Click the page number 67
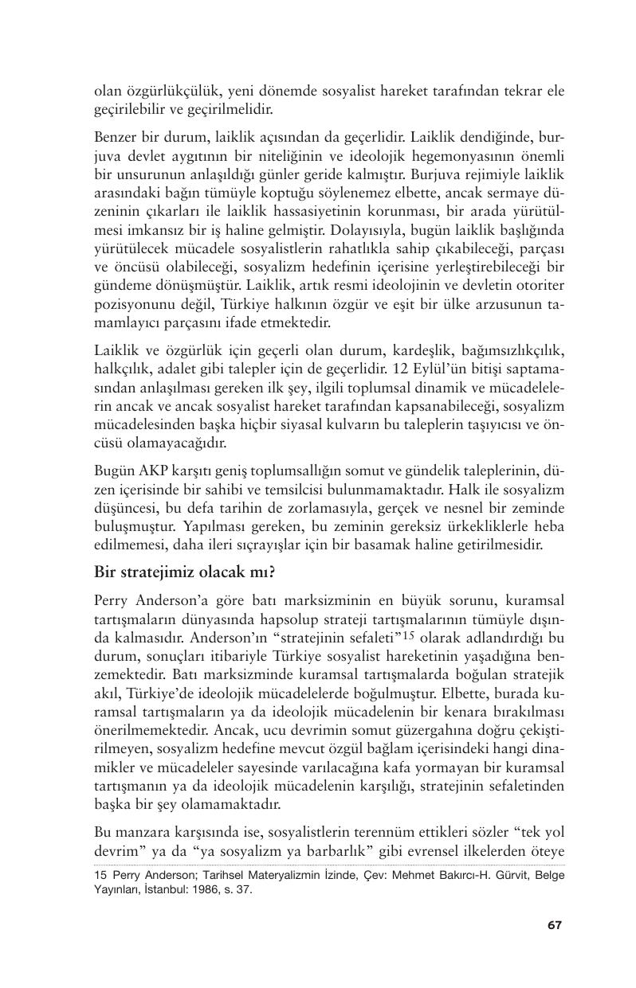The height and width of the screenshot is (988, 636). (555, 924)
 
